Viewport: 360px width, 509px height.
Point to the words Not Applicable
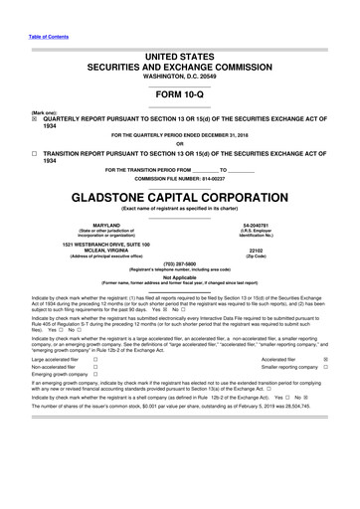click(179, 278)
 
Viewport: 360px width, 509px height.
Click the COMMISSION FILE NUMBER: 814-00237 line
click(179, 177)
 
